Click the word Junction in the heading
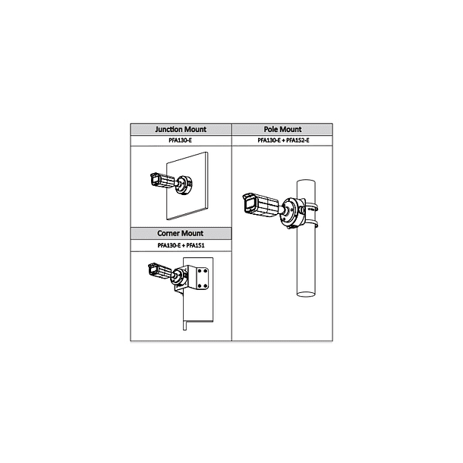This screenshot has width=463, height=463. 169,129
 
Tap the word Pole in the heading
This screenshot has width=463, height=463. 270,129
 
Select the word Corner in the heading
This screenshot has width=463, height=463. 167,233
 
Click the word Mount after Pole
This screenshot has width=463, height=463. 290,129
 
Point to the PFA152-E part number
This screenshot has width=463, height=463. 298,140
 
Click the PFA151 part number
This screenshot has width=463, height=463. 195,245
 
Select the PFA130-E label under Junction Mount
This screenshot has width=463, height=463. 181,140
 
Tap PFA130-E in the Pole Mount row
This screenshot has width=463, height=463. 269,140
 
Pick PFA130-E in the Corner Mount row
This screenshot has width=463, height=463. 169,245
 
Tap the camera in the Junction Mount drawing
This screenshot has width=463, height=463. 162,180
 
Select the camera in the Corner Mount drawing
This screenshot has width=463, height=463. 159,271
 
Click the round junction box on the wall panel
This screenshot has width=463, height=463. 184,185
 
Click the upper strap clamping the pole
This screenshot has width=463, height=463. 311,207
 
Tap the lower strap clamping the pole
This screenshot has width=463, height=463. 311,224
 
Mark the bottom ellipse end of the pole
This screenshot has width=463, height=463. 306,294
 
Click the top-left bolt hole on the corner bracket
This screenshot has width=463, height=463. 200,271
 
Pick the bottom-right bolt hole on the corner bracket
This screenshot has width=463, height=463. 205,285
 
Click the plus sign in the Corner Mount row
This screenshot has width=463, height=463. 184,245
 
